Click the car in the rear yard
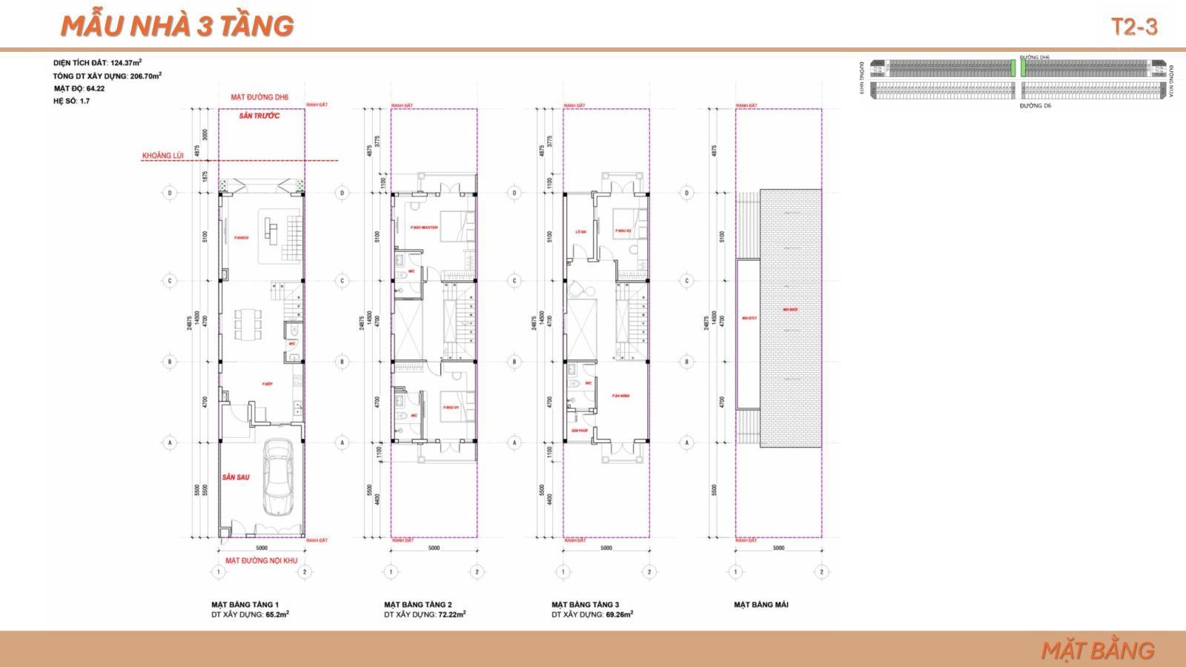(x=278, y=478)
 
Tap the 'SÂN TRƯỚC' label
(x=259, y=116)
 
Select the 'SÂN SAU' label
(x=235, y=477)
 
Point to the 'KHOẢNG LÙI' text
(x=163, y=156)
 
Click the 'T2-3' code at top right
(x=1134, y=27)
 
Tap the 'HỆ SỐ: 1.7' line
(x=71, y=101)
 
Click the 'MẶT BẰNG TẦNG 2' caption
(x=417, y=605)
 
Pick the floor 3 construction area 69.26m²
(x=618, y=614)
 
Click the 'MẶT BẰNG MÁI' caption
(x=761, y=605)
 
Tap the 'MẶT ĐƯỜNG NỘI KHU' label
(x=261, y=560)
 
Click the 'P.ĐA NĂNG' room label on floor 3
(x=620, y=396)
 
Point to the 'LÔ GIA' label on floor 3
(x=580, y=232)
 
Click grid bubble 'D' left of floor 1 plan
(x=170, y=193)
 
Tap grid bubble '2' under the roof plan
(x=821, y=572)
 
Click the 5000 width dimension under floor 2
(x=434, y=548)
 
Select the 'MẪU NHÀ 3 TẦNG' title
(x=176, y=26)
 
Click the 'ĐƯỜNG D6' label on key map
(x=1036, y=106)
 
